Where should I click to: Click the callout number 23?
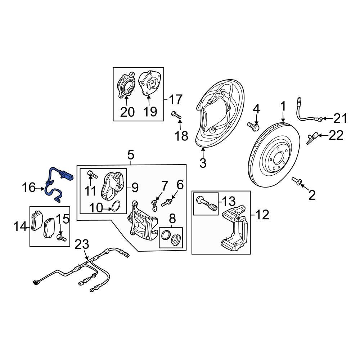(82, 245)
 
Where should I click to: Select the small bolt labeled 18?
(176, 115)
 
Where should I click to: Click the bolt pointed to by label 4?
(253, 126)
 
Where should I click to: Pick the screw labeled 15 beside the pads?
(61, 237)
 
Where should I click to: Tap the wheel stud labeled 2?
(297, 181)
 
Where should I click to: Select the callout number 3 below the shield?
(203, 163)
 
